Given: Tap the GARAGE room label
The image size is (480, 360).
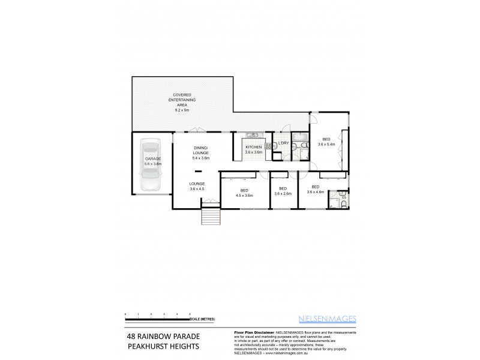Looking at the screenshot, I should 152,160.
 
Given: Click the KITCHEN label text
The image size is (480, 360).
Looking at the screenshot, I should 253,148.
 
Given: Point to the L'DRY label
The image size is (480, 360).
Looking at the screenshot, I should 284,143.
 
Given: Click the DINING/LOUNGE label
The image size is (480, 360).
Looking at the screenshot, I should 200,153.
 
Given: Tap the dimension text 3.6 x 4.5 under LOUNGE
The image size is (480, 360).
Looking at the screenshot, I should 197,189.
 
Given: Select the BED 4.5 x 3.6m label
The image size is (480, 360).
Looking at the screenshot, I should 244,193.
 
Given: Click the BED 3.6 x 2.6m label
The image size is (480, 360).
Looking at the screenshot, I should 283,191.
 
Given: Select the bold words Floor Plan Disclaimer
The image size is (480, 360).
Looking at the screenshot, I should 253,332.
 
